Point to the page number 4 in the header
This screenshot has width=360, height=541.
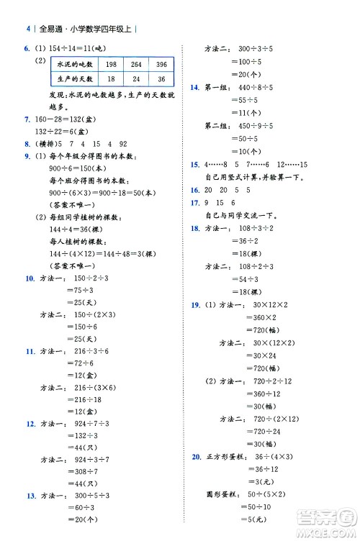tap(27, 29)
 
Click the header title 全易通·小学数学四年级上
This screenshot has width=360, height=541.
tap(85, 29)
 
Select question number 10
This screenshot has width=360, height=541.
tap(28, 277)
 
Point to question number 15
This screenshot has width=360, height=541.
tap(194, 165)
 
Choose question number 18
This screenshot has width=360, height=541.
tap(194, 228)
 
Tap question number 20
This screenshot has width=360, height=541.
tap(196, 456)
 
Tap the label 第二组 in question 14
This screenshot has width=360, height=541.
tap(216, 125)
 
